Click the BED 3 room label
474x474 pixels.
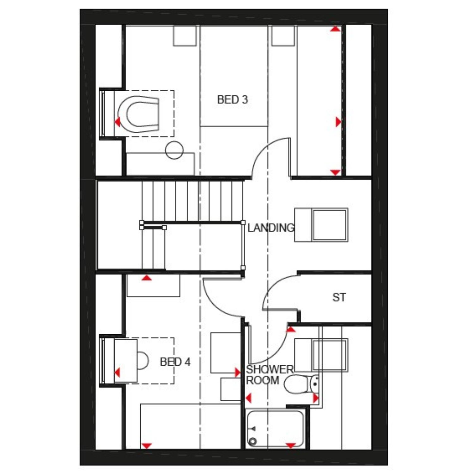233,100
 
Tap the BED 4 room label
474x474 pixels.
175,362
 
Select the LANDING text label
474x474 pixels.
271,228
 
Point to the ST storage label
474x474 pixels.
339,297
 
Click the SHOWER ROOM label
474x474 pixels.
270,375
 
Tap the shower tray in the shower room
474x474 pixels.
276,428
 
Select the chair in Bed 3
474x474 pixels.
138,114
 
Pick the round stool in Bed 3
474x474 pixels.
174,150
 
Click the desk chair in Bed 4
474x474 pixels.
143,361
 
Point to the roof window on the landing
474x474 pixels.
321,225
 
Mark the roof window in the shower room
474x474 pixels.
321,355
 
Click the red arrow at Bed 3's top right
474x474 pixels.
335,29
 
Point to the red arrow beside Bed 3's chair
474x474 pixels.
118,122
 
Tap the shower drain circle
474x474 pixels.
253,441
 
